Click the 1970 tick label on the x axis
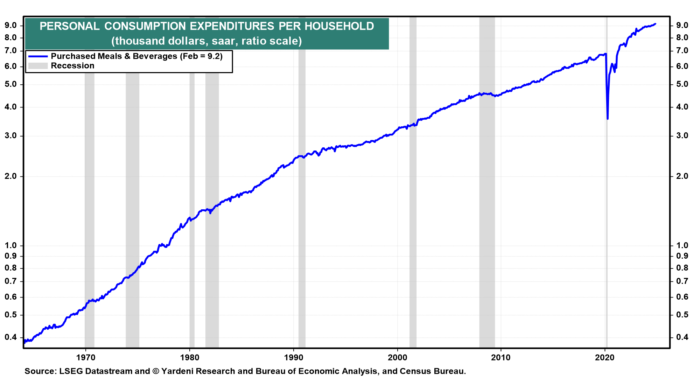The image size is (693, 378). [85, 357]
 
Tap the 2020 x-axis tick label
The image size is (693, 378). [605, 357]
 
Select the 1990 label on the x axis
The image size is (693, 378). [293, 357]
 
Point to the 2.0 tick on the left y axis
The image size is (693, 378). [11, 176]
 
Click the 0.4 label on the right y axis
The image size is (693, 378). [682, 337]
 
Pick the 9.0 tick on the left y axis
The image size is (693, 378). [11, 25]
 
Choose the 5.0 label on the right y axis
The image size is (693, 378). [682, 84]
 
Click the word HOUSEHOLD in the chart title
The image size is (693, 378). [339, 26]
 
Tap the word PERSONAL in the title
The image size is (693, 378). [70, 26]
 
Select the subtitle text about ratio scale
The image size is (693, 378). [206, 41]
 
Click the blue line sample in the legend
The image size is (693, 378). [38, 56]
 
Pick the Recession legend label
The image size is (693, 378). [72, 66]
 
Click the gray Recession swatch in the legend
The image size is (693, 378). [38, 66]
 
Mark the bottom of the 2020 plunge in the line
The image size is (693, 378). [608, 119]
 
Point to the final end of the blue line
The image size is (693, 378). [655, 24]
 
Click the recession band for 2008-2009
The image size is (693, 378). [487, 182]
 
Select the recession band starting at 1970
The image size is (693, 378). [90, 210]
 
